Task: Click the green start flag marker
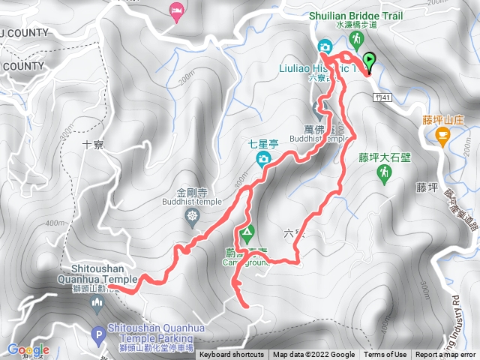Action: pyautogui.click(x=368, y=60)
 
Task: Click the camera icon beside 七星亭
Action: pyautogui.click(x=263, y=158)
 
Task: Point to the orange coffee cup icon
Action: pyautogui.click(x=442, y=134)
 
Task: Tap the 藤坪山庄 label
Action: pyautogui.click(x=445, y=119)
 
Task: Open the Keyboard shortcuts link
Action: pyautogui.click(x=232, y=355)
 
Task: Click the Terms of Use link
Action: pyautogui.click(x=385, y=355)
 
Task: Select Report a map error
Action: pyautogui.click(x=445, y=355)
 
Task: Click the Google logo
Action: pyautogui.click(x=28, y=349)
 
